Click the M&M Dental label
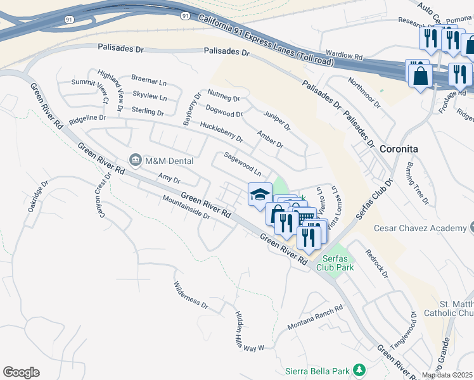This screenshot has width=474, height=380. click(x=169, y=161)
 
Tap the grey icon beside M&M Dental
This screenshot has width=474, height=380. click(x=136, y=161)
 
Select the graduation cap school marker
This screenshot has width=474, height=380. click(x=260, y=194)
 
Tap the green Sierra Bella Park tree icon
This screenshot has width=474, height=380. click(x=359, y=369)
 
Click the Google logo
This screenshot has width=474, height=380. click(x=22, y=372)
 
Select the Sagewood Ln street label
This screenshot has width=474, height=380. click(x=243, y=164)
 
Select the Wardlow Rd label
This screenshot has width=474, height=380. click(x=343, y=56)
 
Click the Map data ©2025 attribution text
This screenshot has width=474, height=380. click(x=447, y=375)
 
